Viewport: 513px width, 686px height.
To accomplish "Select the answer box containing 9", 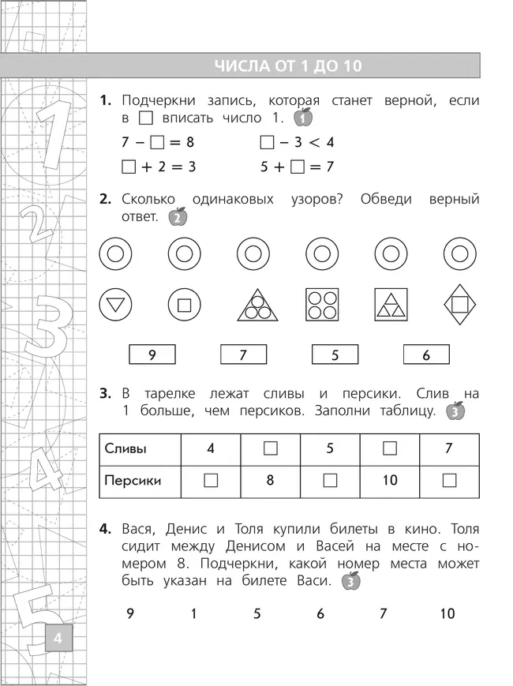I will pyautogui.click(x=152, y=355).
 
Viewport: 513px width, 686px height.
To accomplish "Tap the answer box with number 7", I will pyautogui.click(x=243, y=355).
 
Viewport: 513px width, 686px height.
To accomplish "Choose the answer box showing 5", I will pyautogui.click(x=335, y=355).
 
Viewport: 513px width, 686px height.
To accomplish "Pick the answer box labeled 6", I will pyautogui.click(x=425, y=355).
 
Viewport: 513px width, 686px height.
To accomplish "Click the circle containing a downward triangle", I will pyautogui.click(x=115, y=304).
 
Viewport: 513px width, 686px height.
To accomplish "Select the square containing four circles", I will pyautogui.click(x=321, y=304).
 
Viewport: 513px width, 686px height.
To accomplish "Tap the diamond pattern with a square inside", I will pyautogui.click(x=459, y=304).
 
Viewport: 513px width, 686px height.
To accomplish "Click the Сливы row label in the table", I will pyautogui.click(x=125, y=448).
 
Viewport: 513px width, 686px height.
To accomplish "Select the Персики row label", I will pyautogui.click(x=133, y=479).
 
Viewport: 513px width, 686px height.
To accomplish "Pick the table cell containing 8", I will pyautogui.click(x=270, y=479).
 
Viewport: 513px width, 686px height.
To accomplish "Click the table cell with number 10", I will pyautogui.click(x=390, y=479).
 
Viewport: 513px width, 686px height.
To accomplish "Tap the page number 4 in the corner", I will pyautogui.click(x=58, y=637).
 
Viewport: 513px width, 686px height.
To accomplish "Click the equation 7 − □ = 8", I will pyautogui.click(x=158, y=142).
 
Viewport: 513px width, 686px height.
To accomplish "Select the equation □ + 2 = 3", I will pyautogui.click(x=159, y=167).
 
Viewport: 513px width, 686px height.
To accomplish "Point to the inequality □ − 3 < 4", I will pyautogui.click(x=297, y=142).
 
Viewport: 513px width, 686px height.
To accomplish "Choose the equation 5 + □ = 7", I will pyautogui.click(x=297, y=167).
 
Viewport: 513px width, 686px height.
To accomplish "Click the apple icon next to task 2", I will pyautogui.click(x=178, y=216).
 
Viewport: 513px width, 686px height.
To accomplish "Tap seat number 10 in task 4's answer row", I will pyautogui.click(x=447, y=613).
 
